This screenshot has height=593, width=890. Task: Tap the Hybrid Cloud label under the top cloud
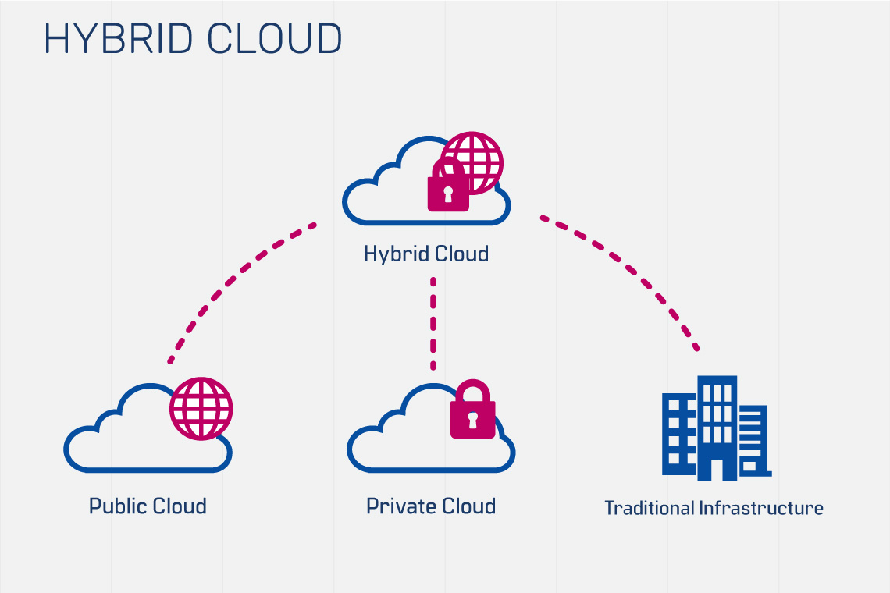click(426, 254)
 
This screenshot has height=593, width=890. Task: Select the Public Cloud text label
click(148, 506)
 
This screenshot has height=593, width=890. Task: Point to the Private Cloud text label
click(431, 506)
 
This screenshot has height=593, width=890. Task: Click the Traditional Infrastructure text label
click(714, 508)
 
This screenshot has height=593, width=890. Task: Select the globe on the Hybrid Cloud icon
click(476, 160)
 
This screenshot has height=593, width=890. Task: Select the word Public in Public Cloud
click(117, 506)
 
